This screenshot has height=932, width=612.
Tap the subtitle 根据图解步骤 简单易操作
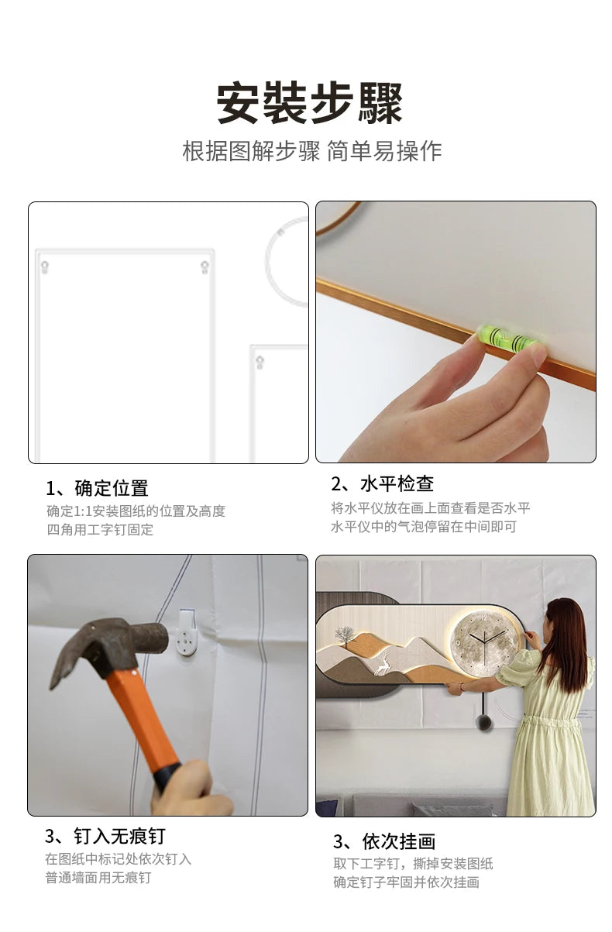(x=311, y=150)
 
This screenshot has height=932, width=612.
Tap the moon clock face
(x=486, y=642)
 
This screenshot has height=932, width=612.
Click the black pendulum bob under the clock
(x=483, y=721)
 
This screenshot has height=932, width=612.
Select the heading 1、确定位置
(x=97, y=488)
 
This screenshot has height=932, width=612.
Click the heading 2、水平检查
(x=383, y=484)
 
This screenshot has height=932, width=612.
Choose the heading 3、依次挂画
(x=384, y=839)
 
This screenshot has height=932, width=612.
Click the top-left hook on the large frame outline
(x=44, y=267)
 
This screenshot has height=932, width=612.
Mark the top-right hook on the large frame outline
(x=205, y=267)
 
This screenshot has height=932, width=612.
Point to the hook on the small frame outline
(x=260, y=362)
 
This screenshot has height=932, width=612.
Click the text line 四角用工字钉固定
(x=100, y=530)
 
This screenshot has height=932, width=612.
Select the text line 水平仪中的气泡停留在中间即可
(x=424, y=527)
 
